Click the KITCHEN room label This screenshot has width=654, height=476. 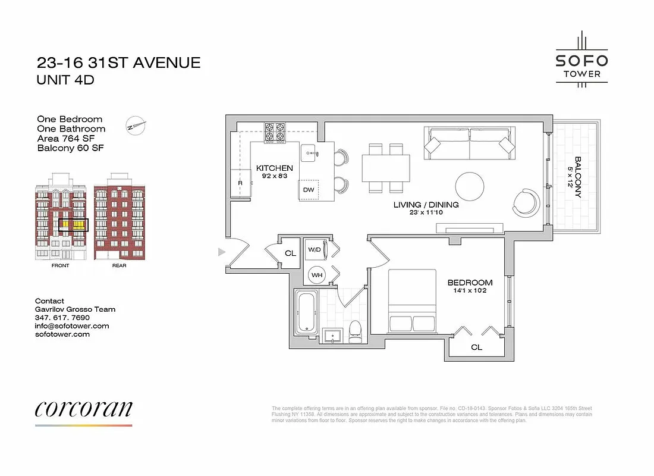click(x=275, y=168)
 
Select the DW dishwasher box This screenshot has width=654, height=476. click(x=309, y=190)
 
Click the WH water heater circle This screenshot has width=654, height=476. click(x=317, y=274)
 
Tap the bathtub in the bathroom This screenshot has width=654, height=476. click(x=306, y=312)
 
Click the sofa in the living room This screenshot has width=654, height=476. click(x=469, y=143)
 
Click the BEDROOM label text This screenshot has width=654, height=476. click(x=470, y=283)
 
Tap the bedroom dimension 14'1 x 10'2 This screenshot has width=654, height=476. click(x=470, y=292)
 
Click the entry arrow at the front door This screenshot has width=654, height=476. click(x=222, y=252)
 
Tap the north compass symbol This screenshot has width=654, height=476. click(x=136, y=126)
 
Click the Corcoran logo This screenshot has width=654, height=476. click(x=83, y=409)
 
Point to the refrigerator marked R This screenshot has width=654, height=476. click(x=240, y=183)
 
